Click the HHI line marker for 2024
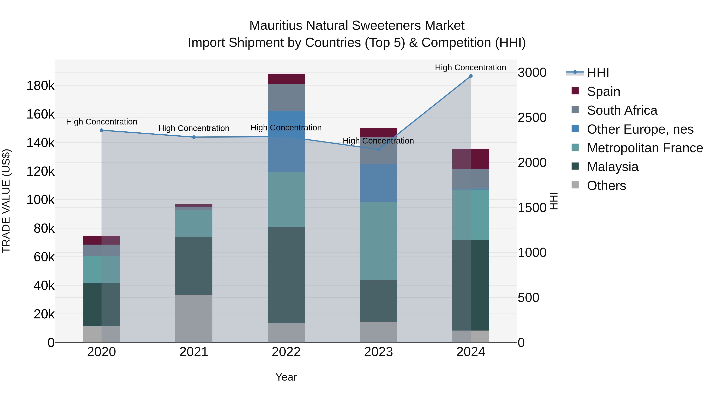[x=470, y=76]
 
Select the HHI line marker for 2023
[x=378, y=149]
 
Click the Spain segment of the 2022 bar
[x=286, y=79]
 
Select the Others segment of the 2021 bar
[x=194, y=318]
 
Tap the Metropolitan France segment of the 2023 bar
[x=378, y=241]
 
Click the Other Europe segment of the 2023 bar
[x=378, y=183]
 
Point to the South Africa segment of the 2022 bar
[x=286, y=97]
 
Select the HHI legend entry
[x=598, y=73]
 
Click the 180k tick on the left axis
[x=40, y=86]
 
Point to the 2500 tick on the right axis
[x=532, y=118]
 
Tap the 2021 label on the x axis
[x=194, y=352]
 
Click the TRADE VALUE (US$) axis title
[x=6, y=201]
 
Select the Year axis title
[x=286, y=377]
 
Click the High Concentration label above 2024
[x=470, y=67]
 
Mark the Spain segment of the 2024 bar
[x=470, y=159]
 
